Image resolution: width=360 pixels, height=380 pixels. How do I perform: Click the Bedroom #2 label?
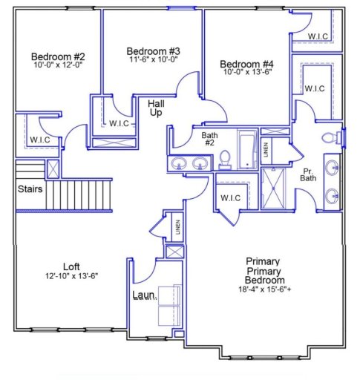click(x=59, y=56)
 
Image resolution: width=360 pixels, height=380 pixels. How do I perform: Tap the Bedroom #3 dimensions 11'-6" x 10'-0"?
click(x=154, y=60)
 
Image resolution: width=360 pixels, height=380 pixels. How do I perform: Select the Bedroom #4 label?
click(x=247, y=63)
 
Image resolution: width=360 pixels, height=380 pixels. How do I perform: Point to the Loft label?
click(x=71, y=266)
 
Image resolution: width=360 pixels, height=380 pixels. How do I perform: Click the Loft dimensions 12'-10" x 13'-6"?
click(x=71, y=275)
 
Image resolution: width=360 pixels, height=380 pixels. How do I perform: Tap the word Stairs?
click(x=30, y=189)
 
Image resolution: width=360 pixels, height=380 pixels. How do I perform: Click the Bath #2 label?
click(x=210, y=140)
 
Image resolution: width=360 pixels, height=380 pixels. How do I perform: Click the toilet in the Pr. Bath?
click(x=328, y=137)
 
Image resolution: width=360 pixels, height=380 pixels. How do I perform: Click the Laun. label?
click(x=143, y=295)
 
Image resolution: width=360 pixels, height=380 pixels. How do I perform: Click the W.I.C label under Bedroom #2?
click(x=39, y=139)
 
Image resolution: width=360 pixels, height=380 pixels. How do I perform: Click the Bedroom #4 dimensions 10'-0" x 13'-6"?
click(x=247, y=73)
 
